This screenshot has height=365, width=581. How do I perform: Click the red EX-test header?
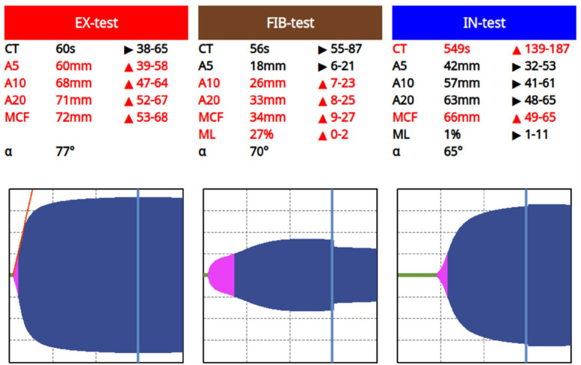click(96, 22)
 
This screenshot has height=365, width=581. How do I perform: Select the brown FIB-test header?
click(290, 22)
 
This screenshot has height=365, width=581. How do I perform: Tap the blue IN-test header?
click(484, 22)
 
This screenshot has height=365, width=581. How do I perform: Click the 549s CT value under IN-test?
click(457, 49)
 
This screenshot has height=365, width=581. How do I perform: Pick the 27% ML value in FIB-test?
click(262, 135)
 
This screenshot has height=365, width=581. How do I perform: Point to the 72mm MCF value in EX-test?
click(74, 117)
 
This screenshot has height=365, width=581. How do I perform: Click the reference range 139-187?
click(547, 49)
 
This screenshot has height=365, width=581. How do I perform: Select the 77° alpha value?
click(65, 152)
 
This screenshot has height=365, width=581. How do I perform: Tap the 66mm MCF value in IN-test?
click(461, 117)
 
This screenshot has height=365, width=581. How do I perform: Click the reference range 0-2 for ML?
click(339, 135)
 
